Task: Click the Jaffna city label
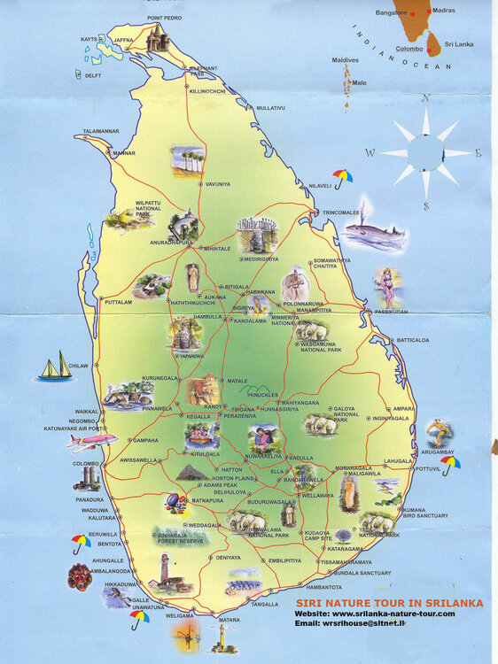[124, 40]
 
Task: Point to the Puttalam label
[118, 302]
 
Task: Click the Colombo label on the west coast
[86, 463]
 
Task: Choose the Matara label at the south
[230, 620]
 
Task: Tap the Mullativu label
[271, 107]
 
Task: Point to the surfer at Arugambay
[438, 433]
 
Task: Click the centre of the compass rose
[426, 153]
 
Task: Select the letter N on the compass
[426, 99]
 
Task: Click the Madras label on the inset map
[444, 11]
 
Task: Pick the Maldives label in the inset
[346, 60]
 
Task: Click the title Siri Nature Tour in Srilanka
[390, 602]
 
